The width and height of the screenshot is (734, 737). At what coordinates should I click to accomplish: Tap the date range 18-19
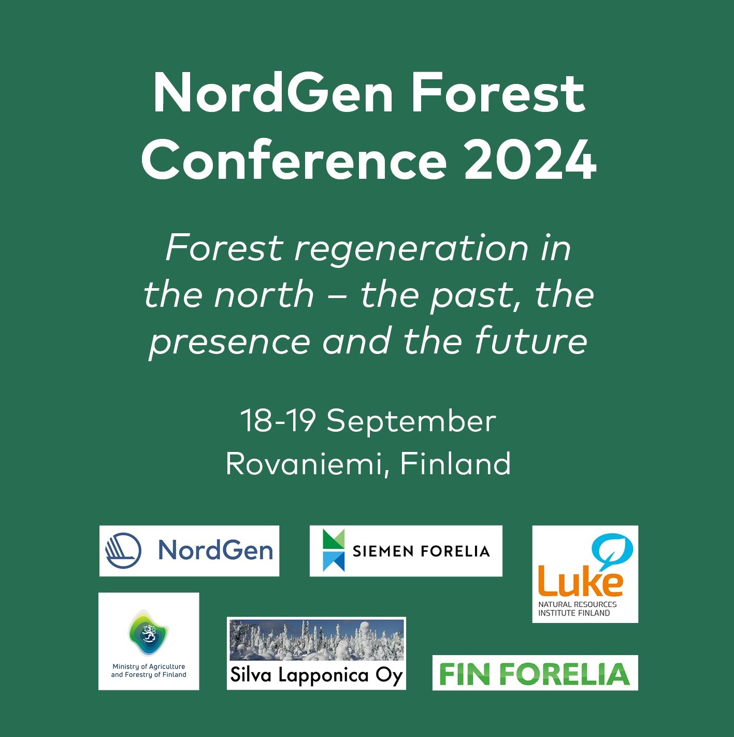278,420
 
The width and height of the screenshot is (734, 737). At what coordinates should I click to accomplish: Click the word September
411,421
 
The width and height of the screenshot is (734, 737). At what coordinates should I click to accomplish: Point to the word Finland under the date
456,463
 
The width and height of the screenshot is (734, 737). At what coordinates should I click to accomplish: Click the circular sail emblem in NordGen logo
123,550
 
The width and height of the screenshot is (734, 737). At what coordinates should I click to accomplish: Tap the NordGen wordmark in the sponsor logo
215,550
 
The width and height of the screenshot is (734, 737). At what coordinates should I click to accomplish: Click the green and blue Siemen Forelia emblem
334,550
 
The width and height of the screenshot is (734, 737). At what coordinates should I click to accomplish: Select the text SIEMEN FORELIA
421,551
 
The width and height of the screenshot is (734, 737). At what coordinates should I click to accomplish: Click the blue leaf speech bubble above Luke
612,551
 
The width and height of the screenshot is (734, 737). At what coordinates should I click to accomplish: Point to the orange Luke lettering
580,582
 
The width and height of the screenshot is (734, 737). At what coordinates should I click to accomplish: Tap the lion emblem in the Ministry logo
149,633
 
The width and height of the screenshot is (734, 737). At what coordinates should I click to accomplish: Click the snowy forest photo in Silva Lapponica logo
316,640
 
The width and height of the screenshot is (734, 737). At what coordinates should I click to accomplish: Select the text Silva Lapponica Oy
316,675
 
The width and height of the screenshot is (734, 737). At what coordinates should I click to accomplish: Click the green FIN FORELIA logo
535,673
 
